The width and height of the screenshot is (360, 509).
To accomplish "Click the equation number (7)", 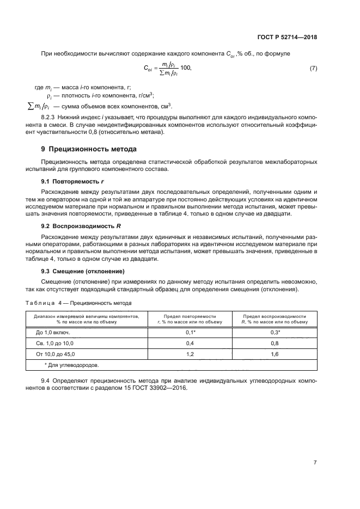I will click(x=313, y=69).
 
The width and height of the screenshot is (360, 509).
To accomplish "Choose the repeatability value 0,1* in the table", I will click(x=190, y=332).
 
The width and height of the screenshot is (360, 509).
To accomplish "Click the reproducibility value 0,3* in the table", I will click(x=275, y=332).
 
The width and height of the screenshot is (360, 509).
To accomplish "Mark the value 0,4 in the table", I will click(x=190, y=344).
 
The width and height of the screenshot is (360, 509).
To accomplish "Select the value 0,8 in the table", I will click(x=275, y=344).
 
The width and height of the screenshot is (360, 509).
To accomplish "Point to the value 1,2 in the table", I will click(x=190, y=354).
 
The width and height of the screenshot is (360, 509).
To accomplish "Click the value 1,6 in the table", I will click(x=275, y=354).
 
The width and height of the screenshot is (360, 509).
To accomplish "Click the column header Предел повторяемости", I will click(x=190, y=316).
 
